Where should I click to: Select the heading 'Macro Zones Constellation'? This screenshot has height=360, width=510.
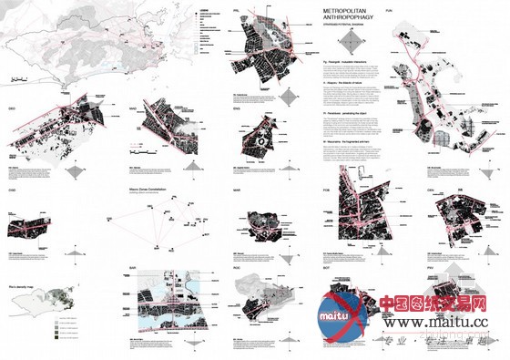(149, 191)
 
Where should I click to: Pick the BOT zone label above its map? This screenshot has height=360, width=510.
(329, 268)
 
